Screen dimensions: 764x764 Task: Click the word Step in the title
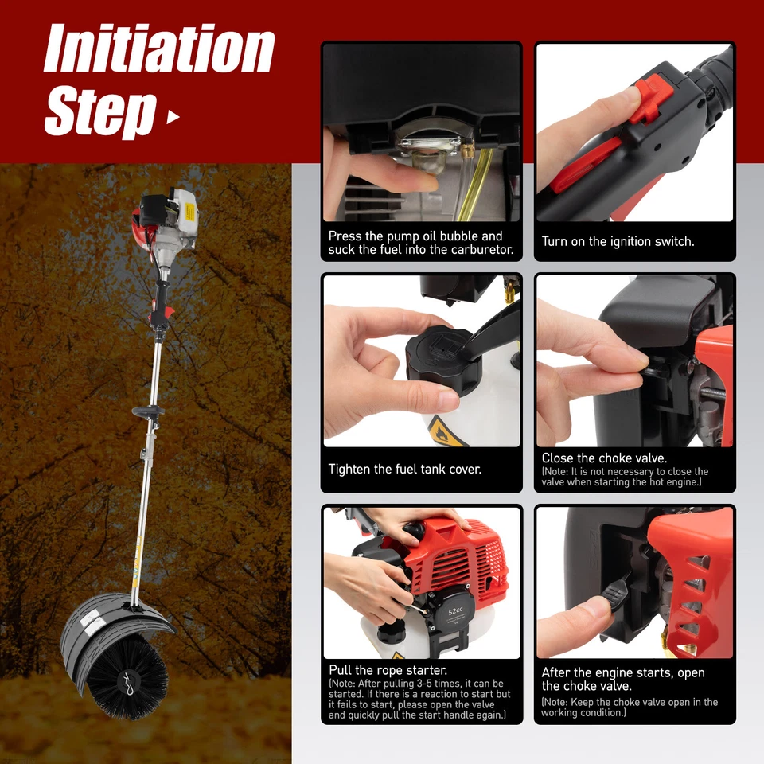click(x=99, y=111)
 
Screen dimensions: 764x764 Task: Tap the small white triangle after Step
click(x=173, y=118)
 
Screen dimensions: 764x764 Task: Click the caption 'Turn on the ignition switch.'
click(x=618, y=241)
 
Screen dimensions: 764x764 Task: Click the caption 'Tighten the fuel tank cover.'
click(x=404, y=470)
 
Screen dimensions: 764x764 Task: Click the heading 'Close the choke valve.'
click(x=604, y=458)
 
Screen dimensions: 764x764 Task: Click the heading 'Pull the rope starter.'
click(x=388, y=671)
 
